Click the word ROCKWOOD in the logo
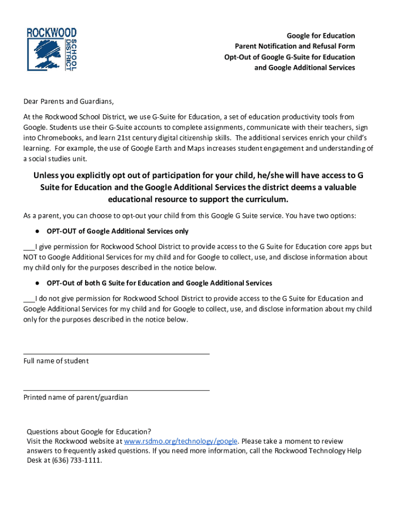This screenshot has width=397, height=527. point(52,33)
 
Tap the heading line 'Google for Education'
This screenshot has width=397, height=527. point(321,36)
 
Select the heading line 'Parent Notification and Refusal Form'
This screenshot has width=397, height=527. point(295,46)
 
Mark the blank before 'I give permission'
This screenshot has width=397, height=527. point(29,247)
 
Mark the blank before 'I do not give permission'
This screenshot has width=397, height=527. point(29,299)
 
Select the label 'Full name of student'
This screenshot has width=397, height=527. point(56,361)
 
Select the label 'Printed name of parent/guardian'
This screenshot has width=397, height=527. point(76,398)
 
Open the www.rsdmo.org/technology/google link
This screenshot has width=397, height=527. point(181,442)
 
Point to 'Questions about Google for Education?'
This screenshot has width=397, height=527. point(89,432)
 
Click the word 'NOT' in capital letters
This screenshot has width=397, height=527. point(32,257)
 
